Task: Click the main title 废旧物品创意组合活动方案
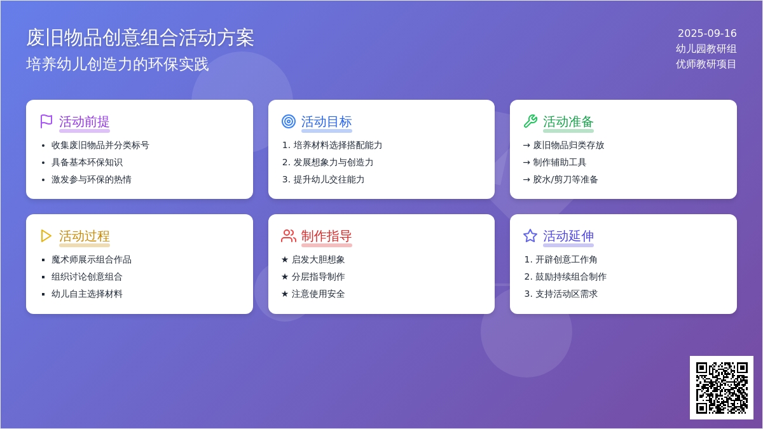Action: click(140, 37)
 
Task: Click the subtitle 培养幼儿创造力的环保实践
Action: click(117, 64)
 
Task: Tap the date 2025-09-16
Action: click(707, 33)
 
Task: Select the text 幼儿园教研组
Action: click(706, 49)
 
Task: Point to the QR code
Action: click(722, 388)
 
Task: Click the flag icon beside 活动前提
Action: click(46, 121)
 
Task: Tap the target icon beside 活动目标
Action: click(289, 121)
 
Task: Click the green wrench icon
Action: click(530, 121)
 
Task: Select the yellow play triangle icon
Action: click(46, 236)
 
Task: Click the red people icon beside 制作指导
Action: click(289, 236)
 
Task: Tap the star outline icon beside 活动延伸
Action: click(530, 236)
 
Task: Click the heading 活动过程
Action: click(84, 236)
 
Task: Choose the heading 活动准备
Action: click(568, 121)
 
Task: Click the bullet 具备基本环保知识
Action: click(87, 163)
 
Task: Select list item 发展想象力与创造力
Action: click(333, 163)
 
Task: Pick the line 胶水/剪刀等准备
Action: click(565, 179)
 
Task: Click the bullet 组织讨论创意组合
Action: click(87, 277)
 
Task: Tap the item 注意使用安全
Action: click(318, 294)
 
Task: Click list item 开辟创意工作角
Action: click(566, 259)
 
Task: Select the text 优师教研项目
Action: click(706, 64)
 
